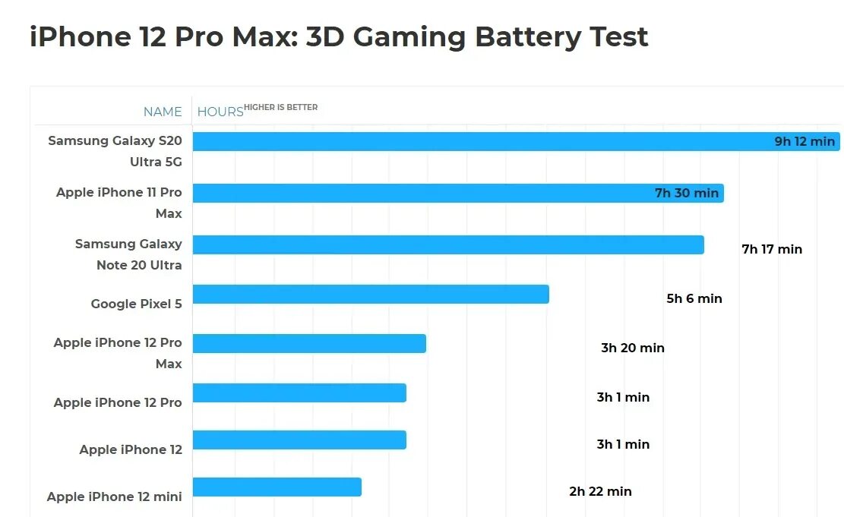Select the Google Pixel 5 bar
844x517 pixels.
click(x=371, y=294)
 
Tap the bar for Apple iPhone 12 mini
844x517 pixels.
click(x=277, y=487)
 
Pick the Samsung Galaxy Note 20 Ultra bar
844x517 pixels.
click(x=448, y=244)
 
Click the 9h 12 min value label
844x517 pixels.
click(x=804, y=142)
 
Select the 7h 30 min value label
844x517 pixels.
click(x=687, y=193)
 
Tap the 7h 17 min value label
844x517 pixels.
click(x=772, y=249)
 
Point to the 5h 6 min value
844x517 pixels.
click(x=694, y=298)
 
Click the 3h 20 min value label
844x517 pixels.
click(x=633, y=348)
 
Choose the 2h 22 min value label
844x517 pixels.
click(x=600, y=491)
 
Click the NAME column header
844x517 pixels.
click(x=163, y=112)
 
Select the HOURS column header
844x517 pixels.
click(x=220, y=112)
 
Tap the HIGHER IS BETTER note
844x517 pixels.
click(x=281, y=107)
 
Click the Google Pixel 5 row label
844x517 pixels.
click(x=137, y=304)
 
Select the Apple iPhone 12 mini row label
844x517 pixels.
click(x=115, y=497)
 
